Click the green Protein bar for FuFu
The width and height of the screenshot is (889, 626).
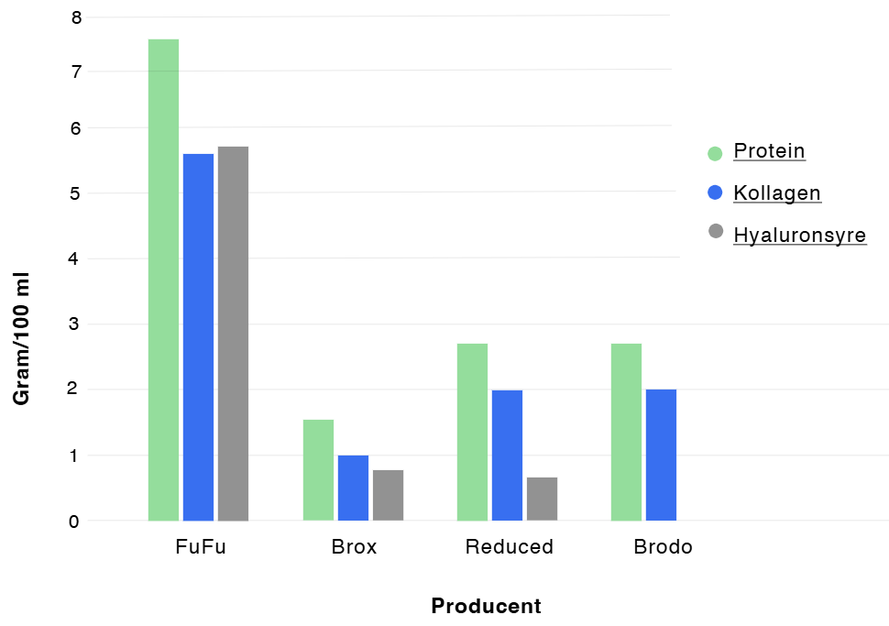coord(163,280)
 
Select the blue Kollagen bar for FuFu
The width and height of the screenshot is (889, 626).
coord(198,337)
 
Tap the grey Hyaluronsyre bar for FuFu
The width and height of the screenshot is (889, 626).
coord(233,334)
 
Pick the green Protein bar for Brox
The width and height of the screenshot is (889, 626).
coord(318,470)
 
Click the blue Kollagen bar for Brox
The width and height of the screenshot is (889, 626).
coord(353,488)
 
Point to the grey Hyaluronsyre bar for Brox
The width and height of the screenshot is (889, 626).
coord(388,495)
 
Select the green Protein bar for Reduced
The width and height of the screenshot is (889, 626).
coord(472,432)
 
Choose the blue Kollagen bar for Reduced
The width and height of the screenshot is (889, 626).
coord(507,456)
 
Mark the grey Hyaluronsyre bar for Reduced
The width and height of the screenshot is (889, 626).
coord(542,499)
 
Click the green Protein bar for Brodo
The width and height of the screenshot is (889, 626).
coord(626,432)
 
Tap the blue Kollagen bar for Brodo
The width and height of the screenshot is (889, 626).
coord(661,455)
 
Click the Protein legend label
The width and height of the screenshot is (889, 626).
coord(769,151)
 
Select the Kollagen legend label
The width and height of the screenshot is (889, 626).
coord(777,193)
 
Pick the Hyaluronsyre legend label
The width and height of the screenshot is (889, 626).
coord(799,236)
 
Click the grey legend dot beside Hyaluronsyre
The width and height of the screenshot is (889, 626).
coord(716,231)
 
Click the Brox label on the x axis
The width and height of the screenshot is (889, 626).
coord(354,548)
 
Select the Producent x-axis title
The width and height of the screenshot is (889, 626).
coord(486,607)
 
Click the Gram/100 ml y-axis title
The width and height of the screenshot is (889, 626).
coord(21,340)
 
